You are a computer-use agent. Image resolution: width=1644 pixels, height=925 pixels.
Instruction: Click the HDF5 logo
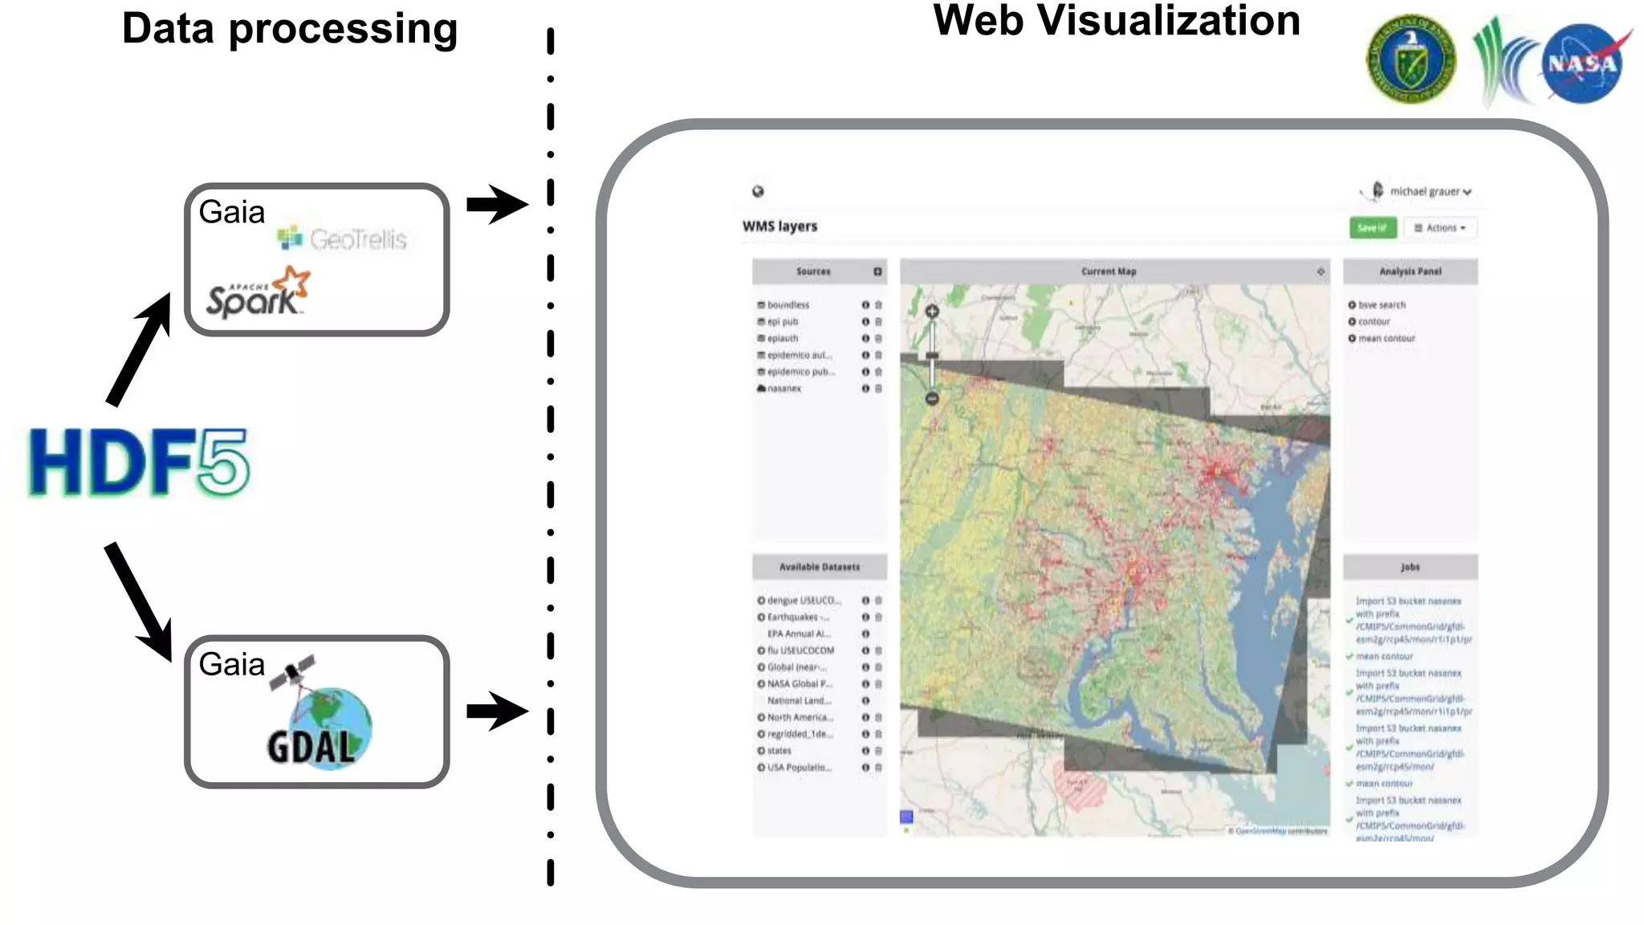point(139,462)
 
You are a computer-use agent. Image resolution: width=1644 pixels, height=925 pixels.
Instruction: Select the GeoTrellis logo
point(343,238)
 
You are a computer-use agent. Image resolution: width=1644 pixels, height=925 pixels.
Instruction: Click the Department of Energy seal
point(1410,59)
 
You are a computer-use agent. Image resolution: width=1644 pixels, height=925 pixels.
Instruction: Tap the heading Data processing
point(290,29)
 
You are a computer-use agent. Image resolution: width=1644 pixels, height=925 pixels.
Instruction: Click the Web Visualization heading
point(1117,20)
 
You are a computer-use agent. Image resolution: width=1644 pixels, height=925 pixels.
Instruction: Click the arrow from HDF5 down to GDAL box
point(138,601)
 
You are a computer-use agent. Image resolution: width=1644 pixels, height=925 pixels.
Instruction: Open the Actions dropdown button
point(1440,228)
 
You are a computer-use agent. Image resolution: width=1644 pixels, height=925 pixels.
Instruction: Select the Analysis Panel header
point(1410,271)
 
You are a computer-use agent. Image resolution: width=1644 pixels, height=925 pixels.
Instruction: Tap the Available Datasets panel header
point(819,567)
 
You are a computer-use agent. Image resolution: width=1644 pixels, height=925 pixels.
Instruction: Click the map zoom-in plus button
point(932,312)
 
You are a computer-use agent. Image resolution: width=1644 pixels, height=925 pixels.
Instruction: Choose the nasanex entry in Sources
point(783,389)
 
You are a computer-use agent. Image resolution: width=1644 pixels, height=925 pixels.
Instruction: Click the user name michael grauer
point(1425,192)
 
